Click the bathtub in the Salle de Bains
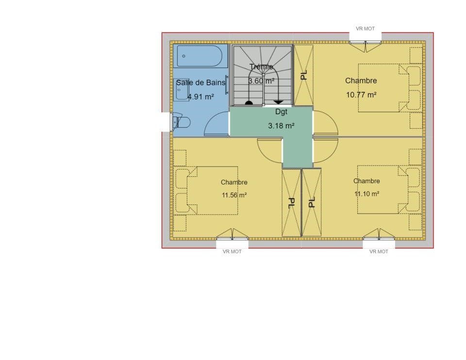(200, 56)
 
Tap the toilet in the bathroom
(182, 121)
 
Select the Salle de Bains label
(200, 83)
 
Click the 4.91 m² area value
(200, 97)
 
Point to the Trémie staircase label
(261, 67)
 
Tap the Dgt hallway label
(281, 112)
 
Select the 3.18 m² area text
(281, 126)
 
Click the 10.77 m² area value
(361, 95)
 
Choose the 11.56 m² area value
(234, 195)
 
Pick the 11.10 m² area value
(367, 194)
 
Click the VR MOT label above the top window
(365, 29)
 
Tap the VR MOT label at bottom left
(232, 252)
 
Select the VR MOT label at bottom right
(379, 252)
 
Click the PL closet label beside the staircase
(303, 75)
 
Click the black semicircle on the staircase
(249, 103)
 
